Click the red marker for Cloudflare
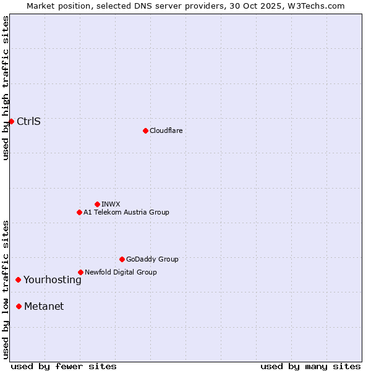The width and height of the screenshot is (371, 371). coord(145,130)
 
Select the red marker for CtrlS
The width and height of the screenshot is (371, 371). coord(11,121)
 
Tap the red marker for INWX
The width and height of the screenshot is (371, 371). coord(97,204)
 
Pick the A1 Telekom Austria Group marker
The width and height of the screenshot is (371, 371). coord(79,212)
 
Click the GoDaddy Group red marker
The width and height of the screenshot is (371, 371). coord(122,259)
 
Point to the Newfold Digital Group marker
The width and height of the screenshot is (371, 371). coord(80,272)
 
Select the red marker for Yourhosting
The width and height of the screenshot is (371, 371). coord(18,279)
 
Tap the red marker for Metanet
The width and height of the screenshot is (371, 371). coord(19,306)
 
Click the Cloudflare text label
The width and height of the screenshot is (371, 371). coord(166,130)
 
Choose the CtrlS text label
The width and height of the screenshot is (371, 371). coord(28,121)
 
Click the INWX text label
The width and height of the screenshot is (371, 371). coord(111,204)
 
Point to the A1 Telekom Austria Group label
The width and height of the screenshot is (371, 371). coord(126,212)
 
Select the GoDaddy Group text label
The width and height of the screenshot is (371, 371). coord(152,259)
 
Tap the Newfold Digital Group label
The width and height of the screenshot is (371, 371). coord(121,272)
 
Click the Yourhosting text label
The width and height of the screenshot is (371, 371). coord(53,280)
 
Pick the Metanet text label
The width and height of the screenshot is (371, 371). coord(44,307)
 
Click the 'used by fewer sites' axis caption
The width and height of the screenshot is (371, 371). coord(64,366)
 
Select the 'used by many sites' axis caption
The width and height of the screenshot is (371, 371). coord(310,366)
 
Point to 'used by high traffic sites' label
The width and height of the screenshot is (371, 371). coord(6,88)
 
